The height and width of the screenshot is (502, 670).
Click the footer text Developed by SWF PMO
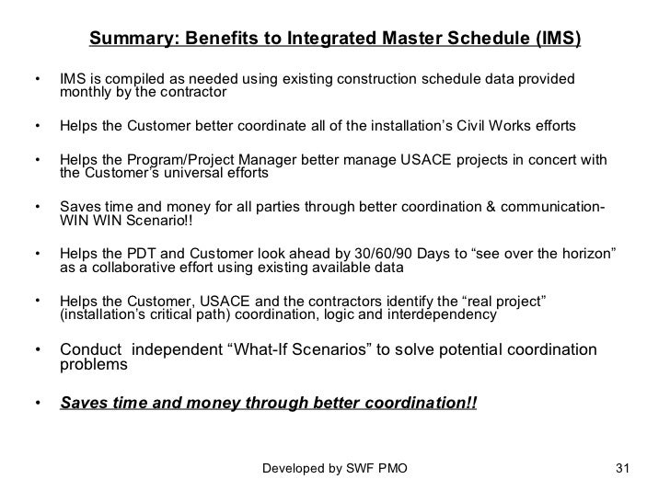click(335, 469)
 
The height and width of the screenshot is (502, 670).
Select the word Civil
click(482, 124)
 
